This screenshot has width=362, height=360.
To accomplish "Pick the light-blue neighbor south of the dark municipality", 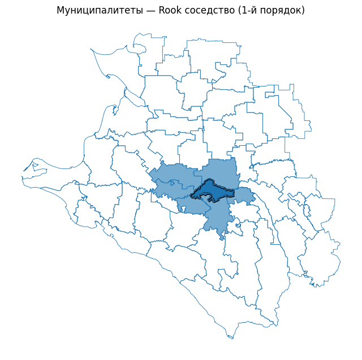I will coord(218,218).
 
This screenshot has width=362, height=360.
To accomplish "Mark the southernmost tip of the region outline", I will coord(230,338).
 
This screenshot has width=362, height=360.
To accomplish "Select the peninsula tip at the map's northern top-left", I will coord(92,50).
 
